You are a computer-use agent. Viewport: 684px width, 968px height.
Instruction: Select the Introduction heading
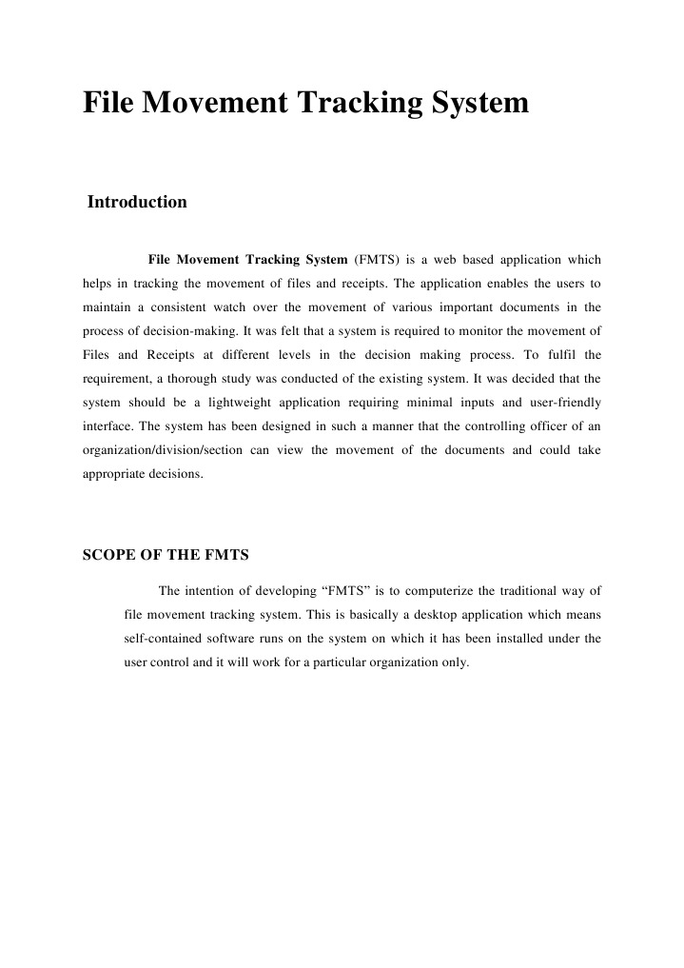(x=137, y=202)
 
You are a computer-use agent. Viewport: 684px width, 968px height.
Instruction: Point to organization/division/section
(x=161, y=450)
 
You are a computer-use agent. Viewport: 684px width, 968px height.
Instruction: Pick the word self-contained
(x=163, y=639)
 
